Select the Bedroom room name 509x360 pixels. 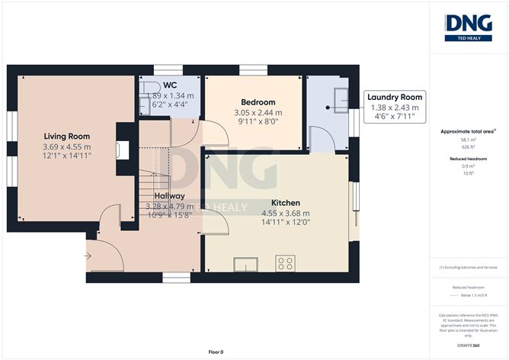coord(258,102)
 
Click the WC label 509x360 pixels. coord(169,85)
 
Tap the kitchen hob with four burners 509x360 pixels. coord(287,264)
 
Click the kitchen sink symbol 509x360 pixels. coord(247,265)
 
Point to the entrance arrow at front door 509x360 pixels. coord(88,256)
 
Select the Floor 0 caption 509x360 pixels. coord(216,352)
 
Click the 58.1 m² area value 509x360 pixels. coord(469,140)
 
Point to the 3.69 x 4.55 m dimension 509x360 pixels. coord(66,146)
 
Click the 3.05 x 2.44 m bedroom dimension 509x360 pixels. coord(258,112)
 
